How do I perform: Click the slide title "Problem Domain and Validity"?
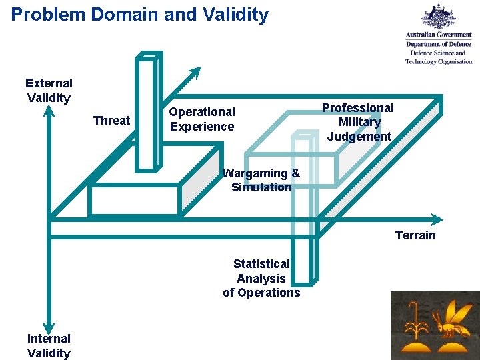(140, 15)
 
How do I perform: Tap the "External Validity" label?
(49, 91)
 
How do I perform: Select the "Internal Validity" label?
(49, 346)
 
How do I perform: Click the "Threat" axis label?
(111, 121)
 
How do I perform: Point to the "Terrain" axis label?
(415, 235)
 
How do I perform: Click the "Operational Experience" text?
(202, 119)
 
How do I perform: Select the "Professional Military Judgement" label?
(359, 122)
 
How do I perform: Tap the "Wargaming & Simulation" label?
(261, 180)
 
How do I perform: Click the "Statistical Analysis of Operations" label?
(261, 279)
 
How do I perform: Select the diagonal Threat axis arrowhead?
(194, 72)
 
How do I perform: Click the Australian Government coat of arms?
(439, 17)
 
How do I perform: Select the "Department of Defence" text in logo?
(439, 44)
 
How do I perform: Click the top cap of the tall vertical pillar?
(149, 56)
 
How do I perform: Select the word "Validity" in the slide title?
(235, 15)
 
